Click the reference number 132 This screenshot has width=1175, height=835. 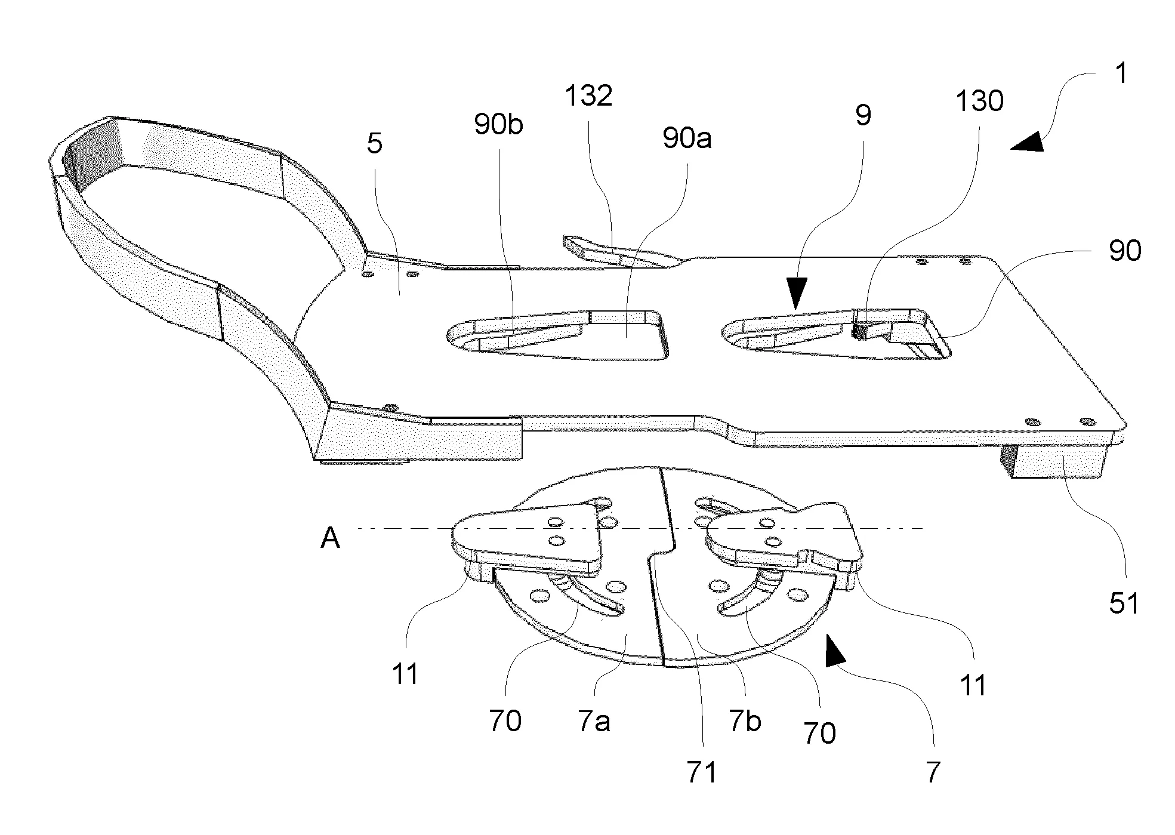(588, 95)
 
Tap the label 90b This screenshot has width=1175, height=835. (498, 125)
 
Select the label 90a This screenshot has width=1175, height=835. (687, 138)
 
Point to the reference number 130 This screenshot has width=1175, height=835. (979, 101)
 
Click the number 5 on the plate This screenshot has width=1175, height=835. (374, 144)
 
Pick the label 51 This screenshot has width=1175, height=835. (1124, 603)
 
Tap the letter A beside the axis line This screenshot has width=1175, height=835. (330, 539)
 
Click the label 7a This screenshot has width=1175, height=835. (594, 723)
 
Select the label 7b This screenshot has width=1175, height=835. (745, 722)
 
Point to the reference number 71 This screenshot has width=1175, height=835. (702, 772)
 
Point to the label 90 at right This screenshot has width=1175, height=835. (1124, 251)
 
